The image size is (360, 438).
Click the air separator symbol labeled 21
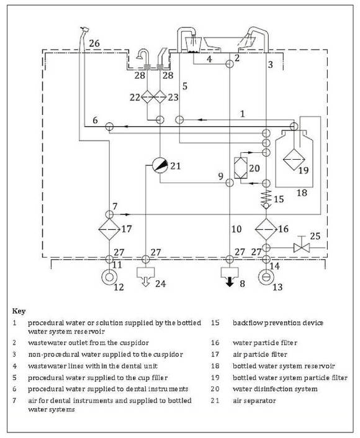tap(160, 165)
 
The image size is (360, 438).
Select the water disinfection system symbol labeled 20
tap(241, 168)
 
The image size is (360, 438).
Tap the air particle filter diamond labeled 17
tap(109, 229)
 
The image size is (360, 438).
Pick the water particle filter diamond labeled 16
tap(266, 229)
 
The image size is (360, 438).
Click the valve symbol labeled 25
tap(302, 247)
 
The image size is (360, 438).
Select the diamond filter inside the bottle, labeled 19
tap(294, 159)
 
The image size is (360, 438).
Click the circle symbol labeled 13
tap(266, 277)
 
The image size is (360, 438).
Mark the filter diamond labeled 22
tap(147, 97)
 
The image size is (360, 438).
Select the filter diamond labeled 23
tap(160, 97)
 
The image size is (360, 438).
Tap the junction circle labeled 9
tap(230, 183)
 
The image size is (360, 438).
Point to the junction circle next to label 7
tap(109, 214)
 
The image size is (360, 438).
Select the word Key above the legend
tap(19, 311)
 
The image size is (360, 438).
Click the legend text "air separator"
tap(254, 401)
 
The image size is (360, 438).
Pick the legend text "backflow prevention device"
tap(278, 323)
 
